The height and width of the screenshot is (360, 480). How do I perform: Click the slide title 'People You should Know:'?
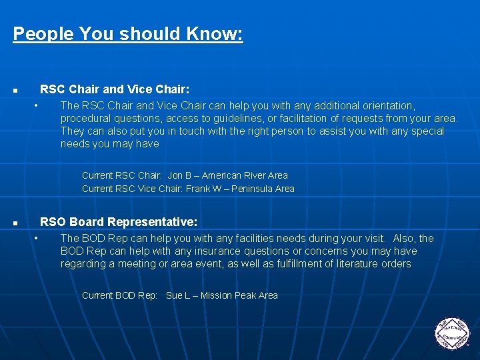128,34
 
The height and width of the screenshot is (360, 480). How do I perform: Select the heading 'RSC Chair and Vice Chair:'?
115,89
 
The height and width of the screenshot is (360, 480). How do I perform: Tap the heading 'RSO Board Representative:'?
119,221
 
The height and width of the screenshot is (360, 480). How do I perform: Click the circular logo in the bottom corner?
452,331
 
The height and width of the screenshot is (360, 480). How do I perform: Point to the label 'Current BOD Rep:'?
119,295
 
